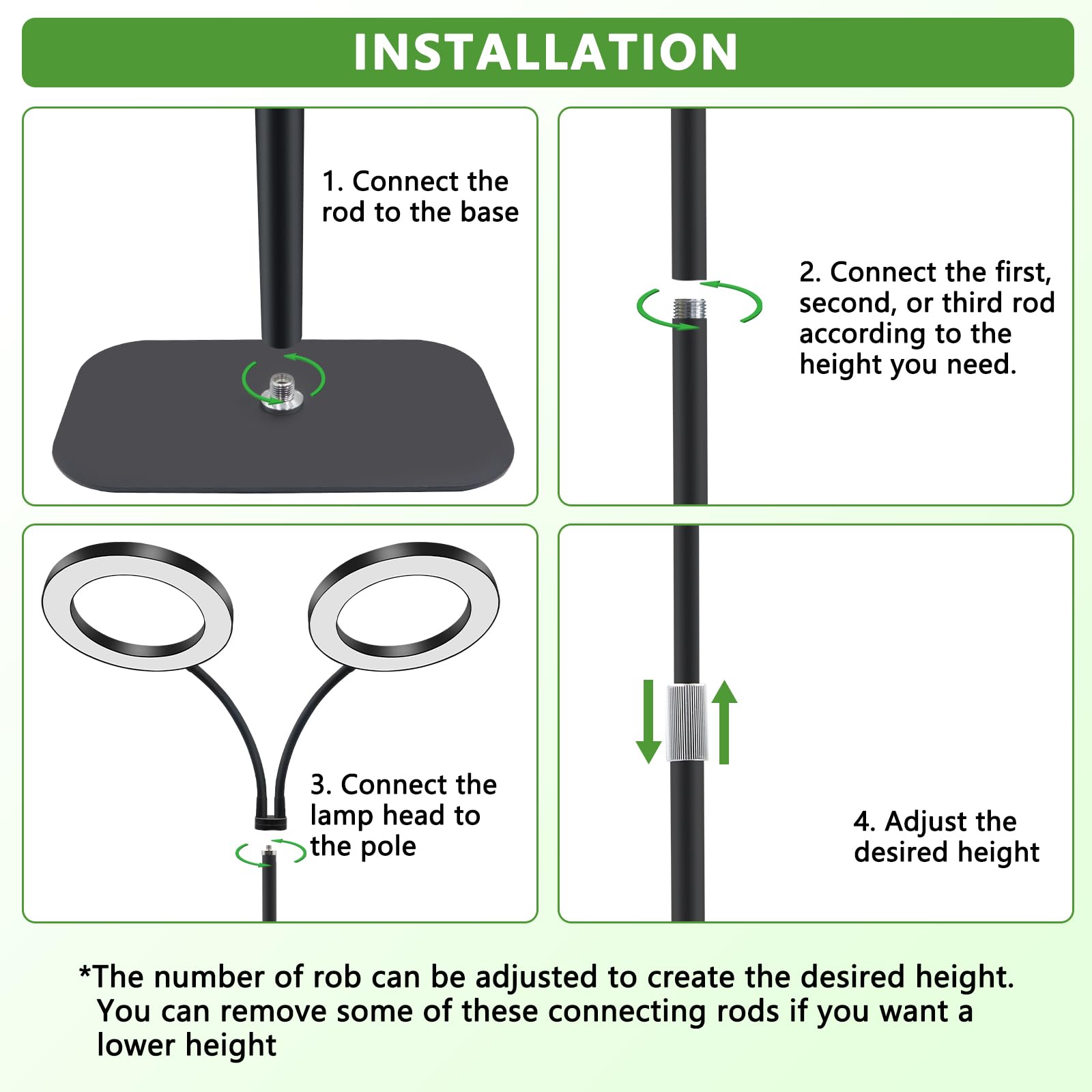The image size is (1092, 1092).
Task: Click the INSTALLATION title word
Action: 546,52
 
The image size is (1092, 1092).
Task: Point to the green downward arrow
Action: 648,721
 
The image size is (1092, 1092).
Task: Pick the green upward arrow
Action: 725,721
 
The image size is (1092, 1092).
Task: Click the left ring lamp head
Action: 136,606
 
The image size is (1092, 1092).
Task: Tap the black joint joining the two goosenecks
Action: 271,822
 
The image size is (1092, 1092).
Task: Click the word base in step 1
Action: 489,212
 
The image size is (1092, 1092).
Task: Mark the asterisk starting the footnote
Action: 85,972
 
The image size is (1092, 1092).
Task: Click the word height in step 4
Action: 998,852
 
